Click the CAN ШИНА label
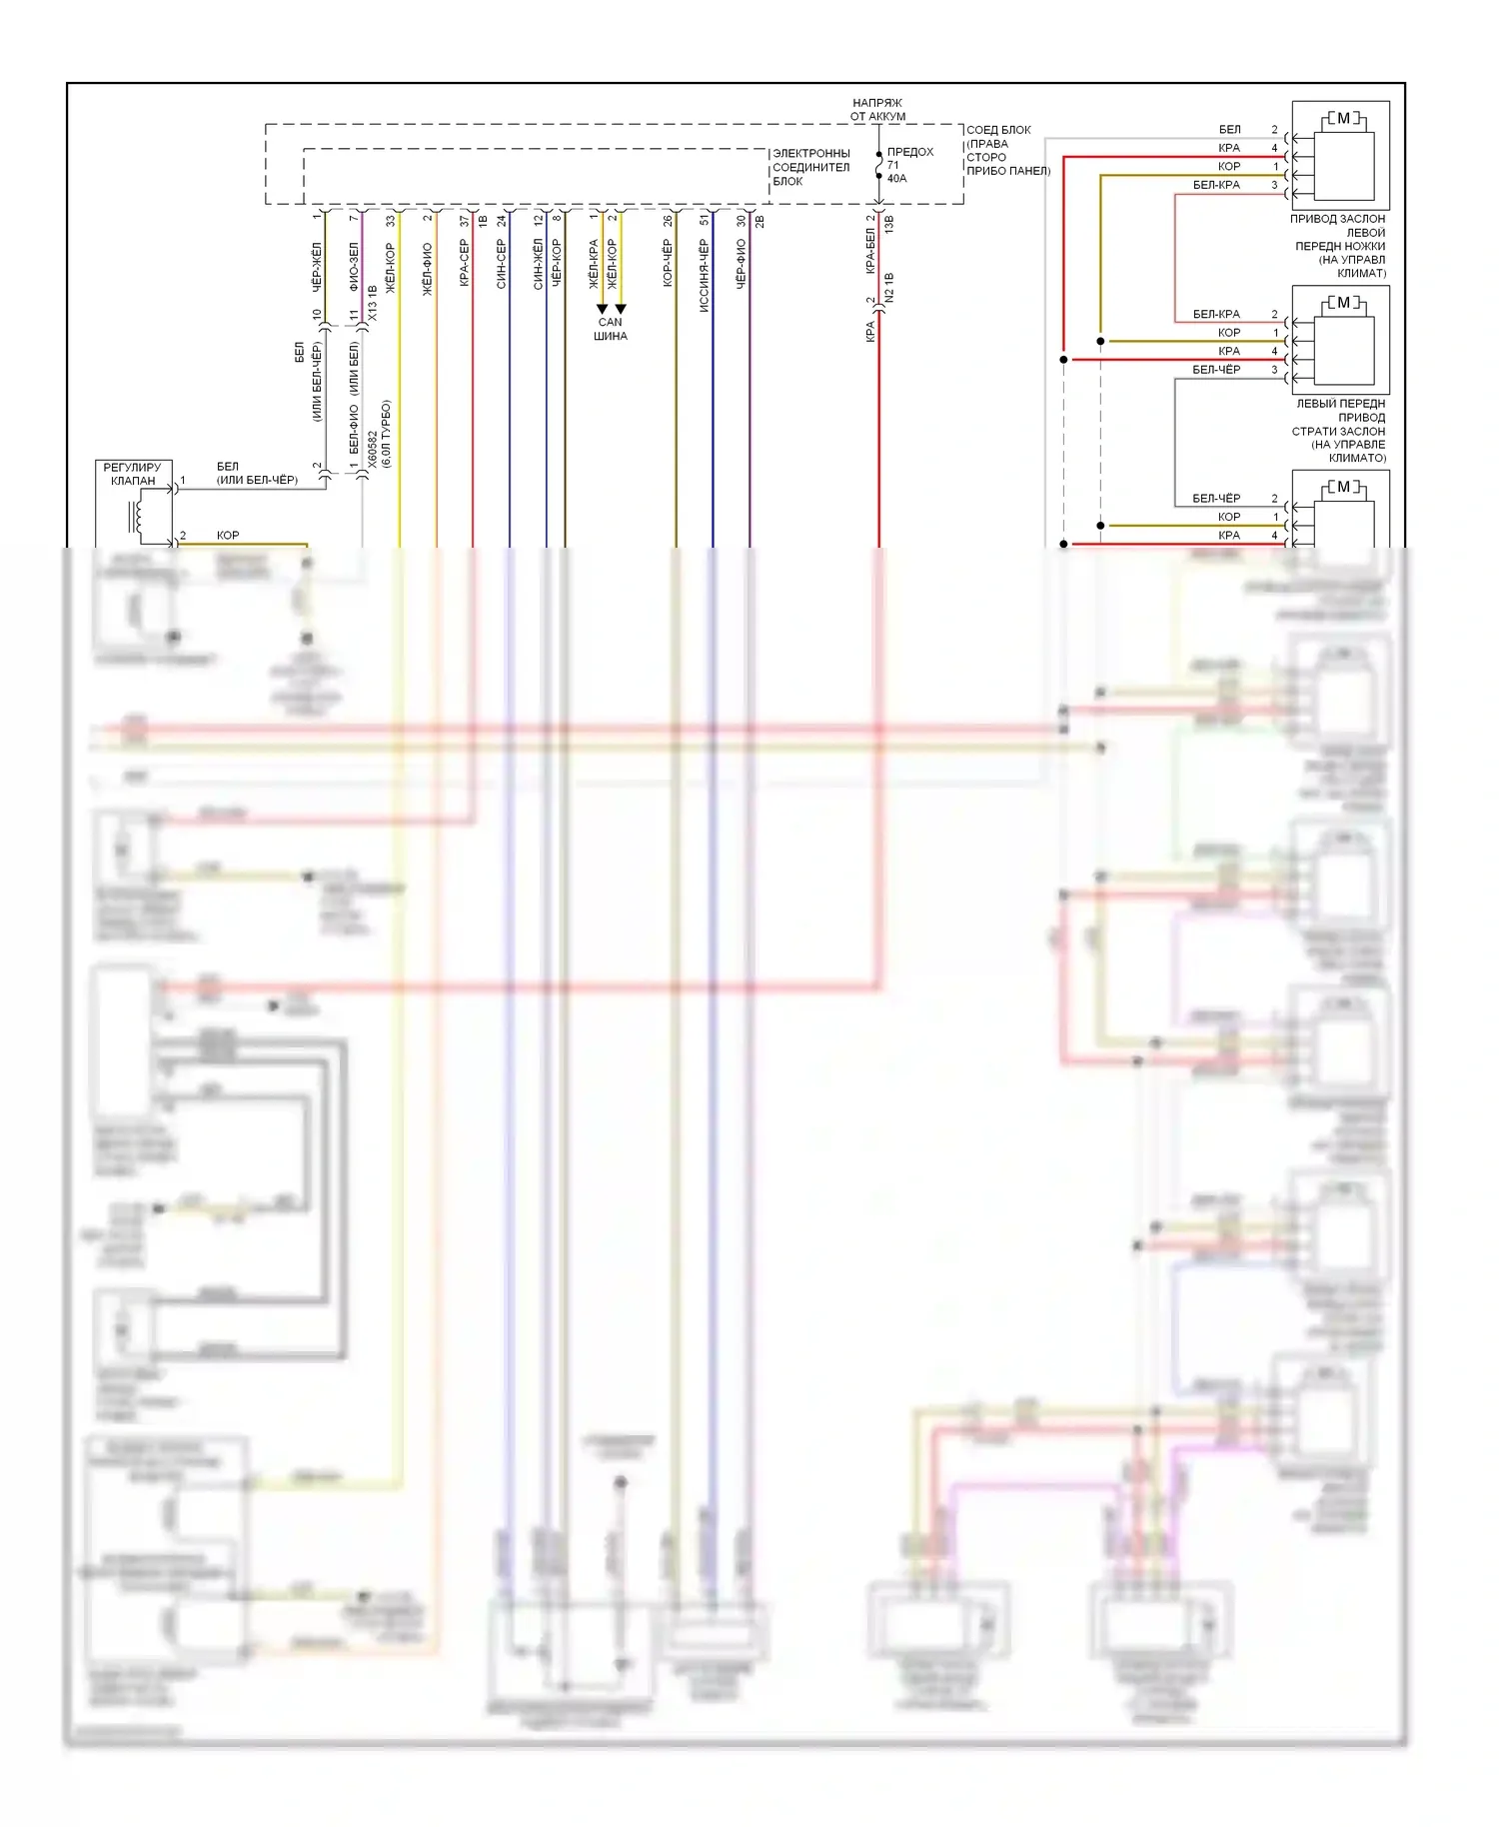pyautogui.click(x=610, y=329)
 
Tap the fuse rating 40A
pyautogui.click(x=896, y=179)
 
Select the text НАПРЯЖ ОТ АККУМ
pyautogui.click(x=877, y=109)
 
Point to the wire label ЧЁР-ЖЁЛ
pyautogui.click(x=317, y=266)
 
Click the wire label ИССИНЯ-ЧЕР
pyautogui.click(x=705, y=276)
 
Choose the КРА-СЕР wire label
pyautogui.click(x=465, y=263)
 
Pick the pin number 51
pyautogui.click(x=705, y=219)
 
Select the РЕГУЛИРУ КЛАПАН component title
pyautogui.click(x=133, y=474)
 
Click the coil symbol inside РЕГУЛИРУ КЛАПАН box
pyautogui.click(x=136, y=515)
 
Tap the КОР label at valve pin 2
pyautogui.click(x=228, y=536)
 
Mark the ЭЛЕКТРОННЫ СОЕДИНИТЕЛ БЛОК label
pyautogui.click(x=810, y=167)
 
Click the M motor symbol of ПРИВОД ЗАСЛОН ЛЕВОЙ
pyautogui.click(x=1342, y=119)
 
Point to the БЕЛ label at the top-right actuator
pyautogui.click(x=1229, y=130)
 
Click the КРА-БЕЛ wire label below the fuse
pyautogui.click(x=870, y=251)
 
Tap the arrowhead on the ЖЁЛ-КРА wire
pyautogui.click(x=602, y=308)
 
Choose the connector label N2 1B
pyautogui.click(x=889, y=288)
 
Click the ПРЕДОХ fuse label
pyautogui.click(x=909, y=152)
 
